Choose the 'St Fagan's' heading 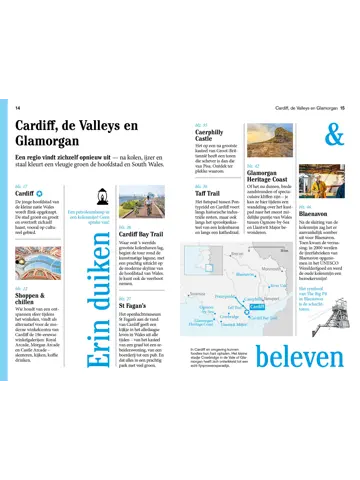pos(134,305)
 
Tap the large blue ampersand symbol pos(333,134)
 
